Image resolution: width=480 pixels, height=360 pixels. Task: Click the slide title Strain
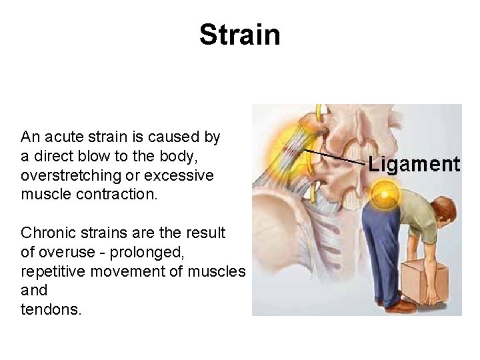point(239,35)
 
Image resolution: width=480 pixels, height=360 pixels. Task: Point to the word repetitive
point(52,272)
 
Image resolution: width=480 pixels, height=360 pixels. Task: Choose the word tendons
point(51,309)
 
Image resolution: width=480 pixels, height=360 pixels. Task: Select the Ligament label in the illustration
point(414,165)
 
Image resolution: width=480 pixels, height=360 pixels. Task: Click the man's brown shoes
point(401,306)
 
